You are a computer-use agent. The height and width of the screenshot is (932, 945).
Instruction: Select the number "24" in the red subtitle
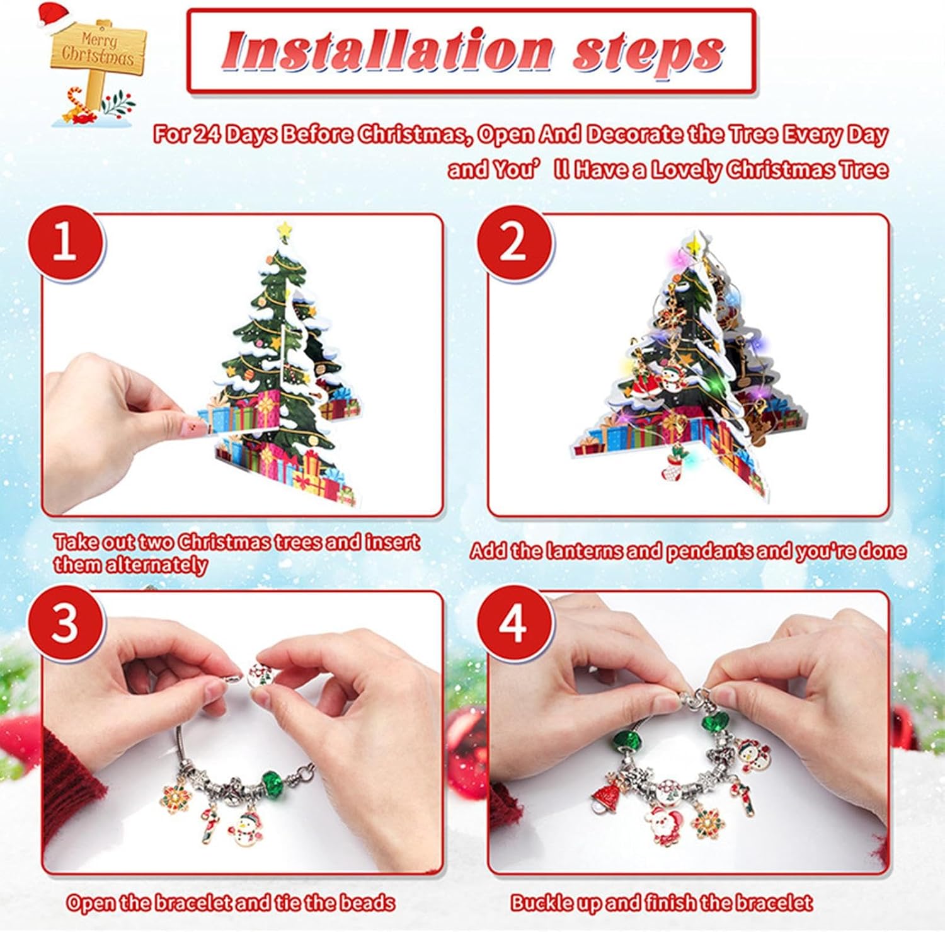pos(206,134)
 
